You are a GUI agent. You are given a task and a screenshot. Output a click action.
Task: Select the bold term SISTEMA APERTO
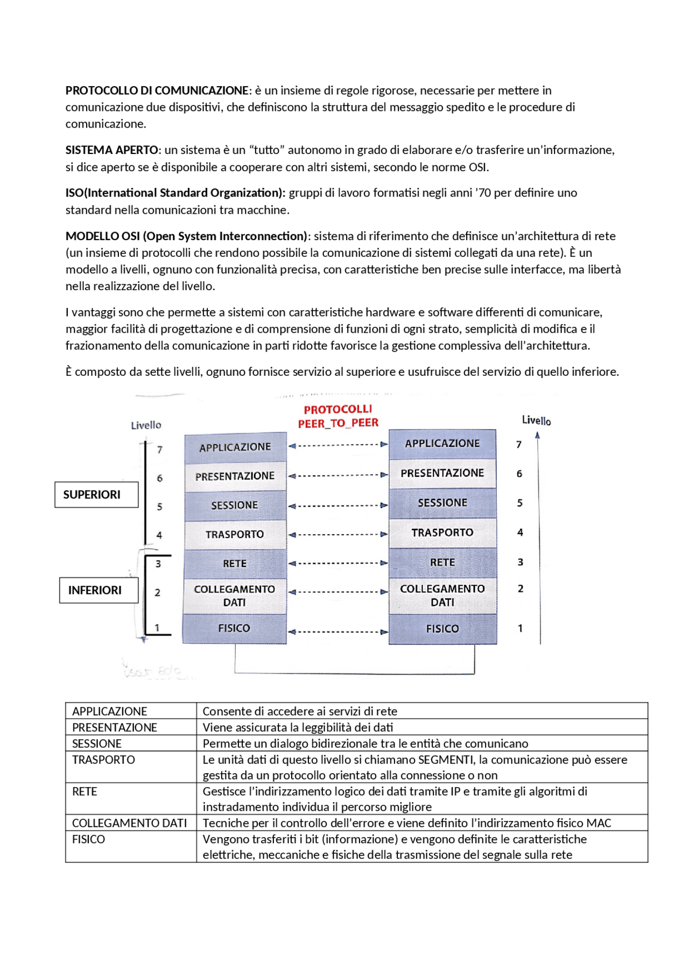(113, 150)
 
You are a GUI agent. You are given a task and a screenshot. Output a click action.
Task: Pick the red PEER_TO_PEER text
(338, 423)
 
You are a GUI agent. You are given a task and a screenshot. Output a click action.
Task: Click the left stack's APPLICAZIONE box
(235, 447)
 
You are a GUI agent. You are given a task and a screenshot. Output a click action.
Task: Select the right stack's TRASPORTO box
(442, 533)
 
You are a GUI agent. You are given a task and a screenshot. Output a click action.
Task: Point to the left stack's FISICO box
(234, 628)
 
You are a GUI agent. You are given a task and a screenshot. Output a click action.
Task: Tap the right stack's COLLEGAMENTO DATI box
(442, 595)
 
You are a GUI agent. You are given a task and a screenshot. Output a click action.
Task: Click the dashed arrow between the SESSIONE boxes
(338, 506)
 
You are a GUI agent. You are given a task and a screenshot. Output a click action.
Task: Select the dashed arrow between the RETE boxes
(338, 563)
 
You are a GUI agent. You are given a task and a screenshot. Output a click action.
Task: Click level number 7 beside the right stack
(519, 445)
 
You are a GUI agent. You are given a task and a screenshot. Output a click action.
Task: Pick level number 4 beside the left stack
(159, 535)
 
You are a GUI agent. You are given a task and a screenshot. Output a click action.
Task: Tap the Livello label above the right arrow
(536, 420)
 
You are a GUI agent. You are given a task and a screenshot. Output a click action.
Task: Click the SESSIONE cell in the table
(97, 743)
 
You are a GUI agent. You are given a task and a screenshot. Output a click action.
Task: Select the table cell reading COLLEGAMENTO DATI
(129, 823)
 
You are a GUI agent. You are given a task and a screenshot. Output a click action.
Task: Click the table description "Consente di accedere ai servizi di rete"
(300, 711)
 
